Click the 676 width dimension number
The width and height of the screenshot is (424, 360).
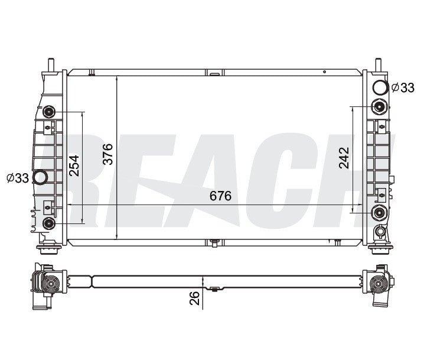click(x=220, y=196)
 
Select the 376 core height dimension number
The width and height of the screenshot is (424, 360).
click(x=108, y=154)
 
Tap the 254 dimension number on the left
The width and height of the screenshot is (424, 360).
click(x=74, y=166)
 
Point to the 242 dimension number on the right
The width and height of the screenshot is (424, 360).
click(x=344, y=158)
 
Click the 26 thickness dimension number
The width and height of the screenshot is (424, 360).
click(x=195, y=298)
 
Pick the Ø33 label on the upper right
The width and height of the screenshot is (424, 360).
click(x=403, y=87)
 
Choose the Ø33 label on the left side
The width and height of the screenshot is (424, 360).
click(x=18, y=178)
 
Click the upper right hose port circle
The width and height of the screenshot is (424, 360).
click(x=380, y=87)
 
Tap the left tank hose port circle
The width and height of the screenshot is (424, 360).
click(x=40, y=177)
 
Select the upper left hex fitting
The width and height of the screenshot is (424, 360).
click(x=49, y=112)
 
